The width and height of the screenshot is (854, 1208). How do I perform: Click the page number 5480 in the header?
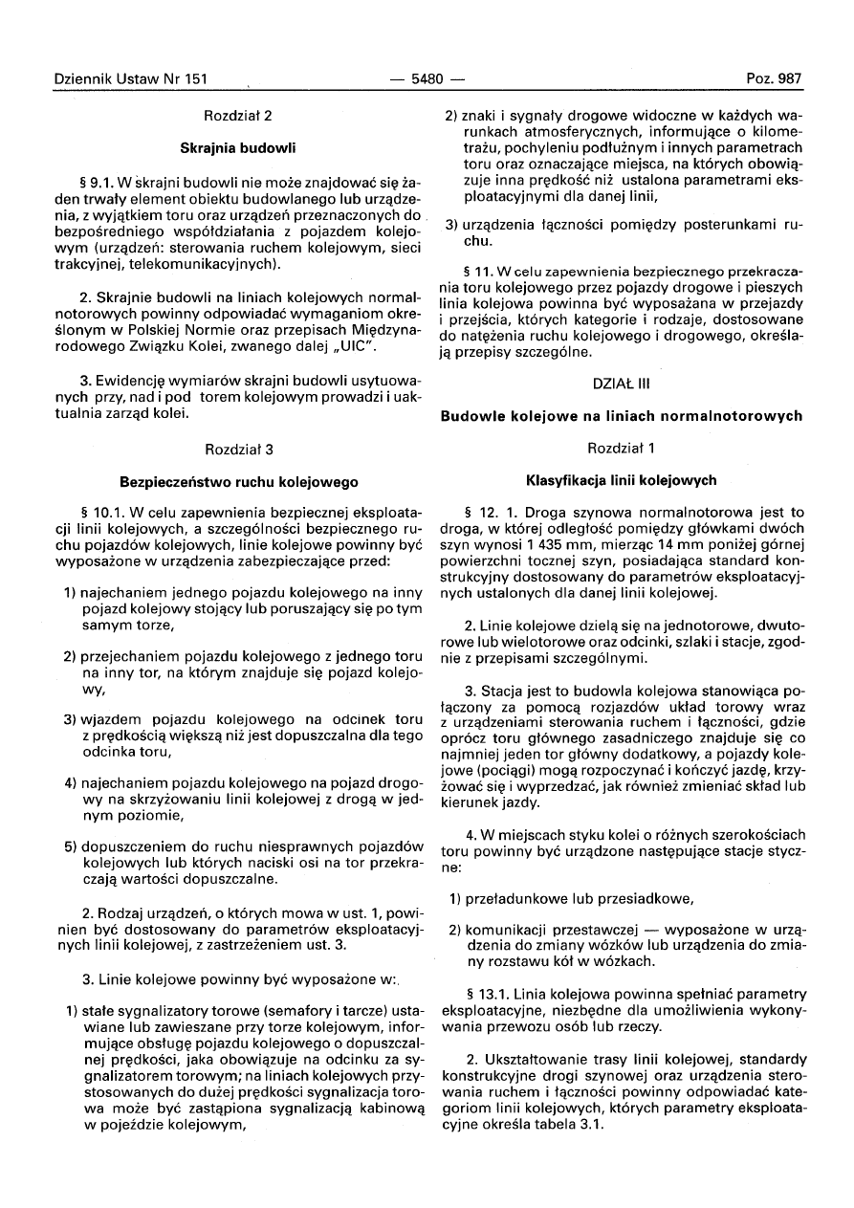[427, 79]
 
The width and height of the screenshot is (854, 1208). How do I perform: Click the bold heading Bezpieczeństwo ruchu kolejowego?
[238, 482]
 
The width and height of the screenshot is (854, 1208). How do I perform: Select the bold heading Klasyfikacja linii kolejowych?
[621, 480]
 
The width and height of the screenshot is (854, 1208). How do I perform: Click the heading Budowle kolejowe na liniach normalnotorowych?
[621, 416]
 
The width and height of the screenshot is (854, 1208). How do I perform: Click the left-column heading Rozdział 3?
[238, 449]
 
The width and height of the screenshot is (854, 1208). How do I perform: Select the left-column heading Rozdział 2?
[238, 116]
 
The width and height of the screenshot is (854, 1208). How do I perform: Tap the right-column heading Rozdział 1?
[621, 448]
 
